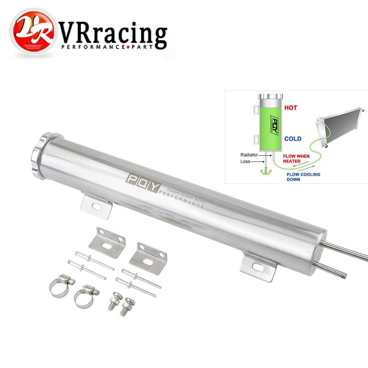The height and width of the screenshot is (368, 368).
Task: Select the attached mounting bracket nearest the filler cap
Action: click(96, 206)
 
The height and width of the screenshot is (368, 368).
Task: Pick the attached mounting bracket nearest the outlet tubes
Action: click(258, 268)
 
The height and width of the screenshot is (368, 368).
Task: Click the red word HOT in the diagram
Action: click(290, 108)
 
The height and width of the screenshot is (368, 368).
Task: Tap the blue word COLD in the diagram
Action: click(293, 139)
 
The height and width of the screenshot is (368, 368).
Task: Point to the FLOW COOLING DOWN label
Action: click(303, 177)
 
